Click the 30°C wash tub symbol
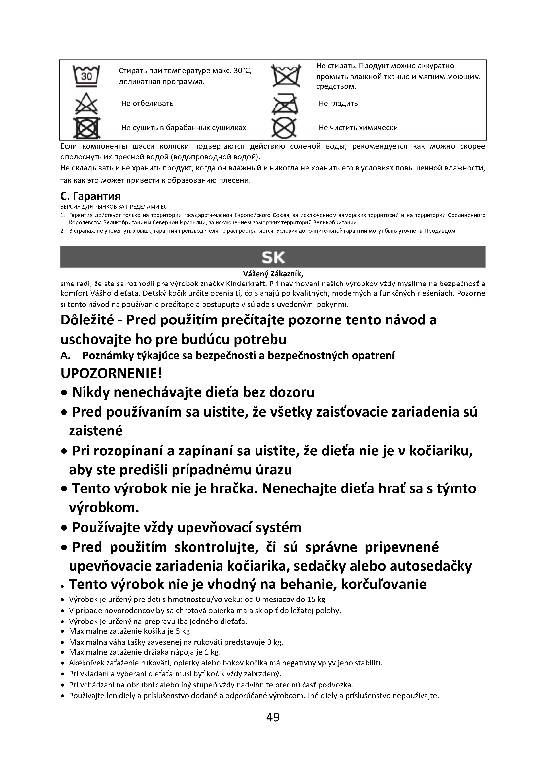86,76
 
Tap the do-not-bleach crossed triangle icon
86,103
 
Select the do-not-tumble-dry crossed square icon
87,128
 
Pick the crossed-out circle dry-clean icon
284,128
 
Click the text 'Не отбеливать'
147,104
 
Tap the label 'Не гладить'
338,104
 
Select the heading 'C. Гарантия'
90,196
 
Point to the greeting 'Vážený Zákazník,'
273,274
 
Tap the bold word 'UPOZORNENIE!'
112,373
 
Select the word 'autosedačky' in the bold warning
431,566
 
